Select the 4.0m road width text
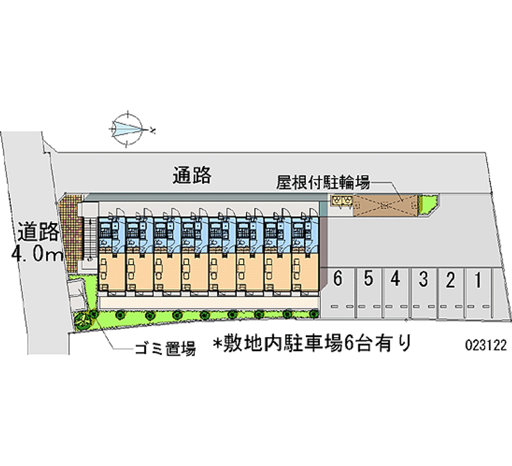pos(35,254)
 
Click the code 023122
pos(486,344)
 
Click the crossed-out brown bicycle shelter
pos(383,204)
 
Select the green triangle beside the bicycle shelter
pos(427,204)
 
